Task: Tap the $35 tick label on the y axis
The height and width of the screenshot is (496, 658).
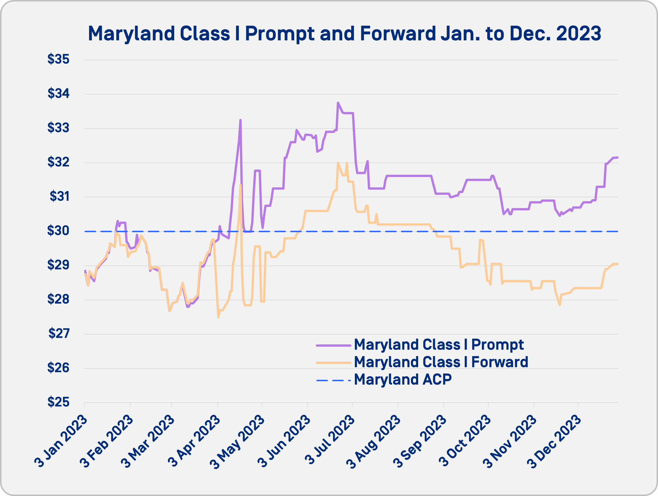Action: point(58,59)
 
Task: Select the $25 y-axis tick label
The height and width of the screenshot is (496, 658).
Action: point(58,402)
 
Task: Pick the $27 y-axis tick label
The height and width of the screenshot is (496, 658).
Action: point(59,333)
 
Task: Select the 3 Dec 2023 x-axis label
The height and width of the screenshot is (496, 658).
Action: point(554,442)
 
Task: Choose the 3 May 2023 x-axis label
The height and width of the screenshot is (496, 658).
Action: point(237,442)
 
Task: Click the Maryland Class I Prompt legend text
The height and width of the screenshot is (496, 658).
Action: point(439,345)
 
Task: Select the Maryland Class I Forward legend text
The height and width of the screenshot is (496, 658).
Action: point(441,362)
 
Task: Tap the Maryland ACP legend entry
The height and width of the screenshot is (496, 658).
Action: point(403,379)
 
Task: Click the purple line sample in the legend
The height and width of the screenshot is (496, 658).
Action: point(334,346)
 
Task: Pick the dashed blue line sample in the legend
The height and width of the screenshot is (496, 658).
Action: point(334,380)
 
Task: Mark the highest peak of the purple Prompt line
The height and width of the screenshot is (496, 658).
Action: point(338,103)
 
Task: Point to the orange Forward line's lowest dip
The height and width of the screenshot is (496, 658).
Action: point(218,317)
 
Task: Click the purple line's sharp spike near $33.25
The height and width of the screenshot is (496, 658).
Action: point(240,120)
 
